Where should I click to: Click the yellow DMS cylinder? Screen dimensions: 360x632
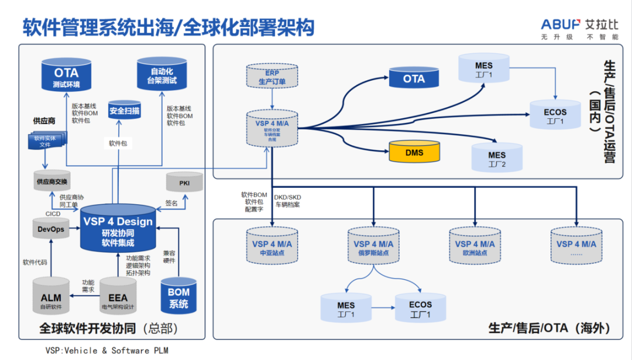(x=414, y=153)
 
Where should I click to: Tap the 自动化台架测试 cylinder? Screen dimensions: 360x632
(x=161, y=76)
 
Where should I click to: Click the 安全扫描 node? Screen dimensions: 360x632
(x=124, y=110)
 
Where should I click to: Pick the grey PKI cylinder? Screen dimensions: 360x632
(x=184, y=184)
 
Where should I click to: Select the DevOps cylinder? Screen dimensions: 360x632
(x=51, y=229)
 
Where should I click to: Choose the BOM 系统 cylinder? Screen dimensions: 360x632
(x=179, y=297)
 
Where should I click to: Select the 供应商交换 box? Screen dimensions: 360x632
(x=51, y=181)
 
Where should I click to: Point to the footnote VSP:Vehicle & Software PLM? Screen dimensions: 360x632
(x=102, y=350)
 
